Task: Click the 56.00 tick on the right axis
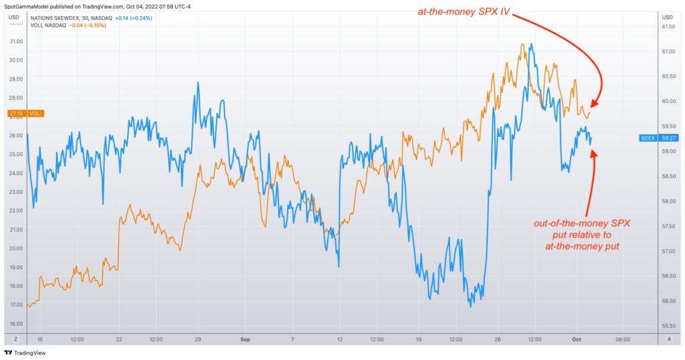(x=667, y=301)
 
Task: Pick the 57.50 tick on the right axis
(x=667, y=226)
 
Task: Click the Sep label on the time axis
(x=243, y=339)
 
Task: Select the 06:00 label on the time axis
(x=622, y=339)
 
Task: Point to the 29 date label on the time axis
(x=198, y=339)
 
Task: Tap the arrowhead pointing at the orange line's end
(x=595, y=102)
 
